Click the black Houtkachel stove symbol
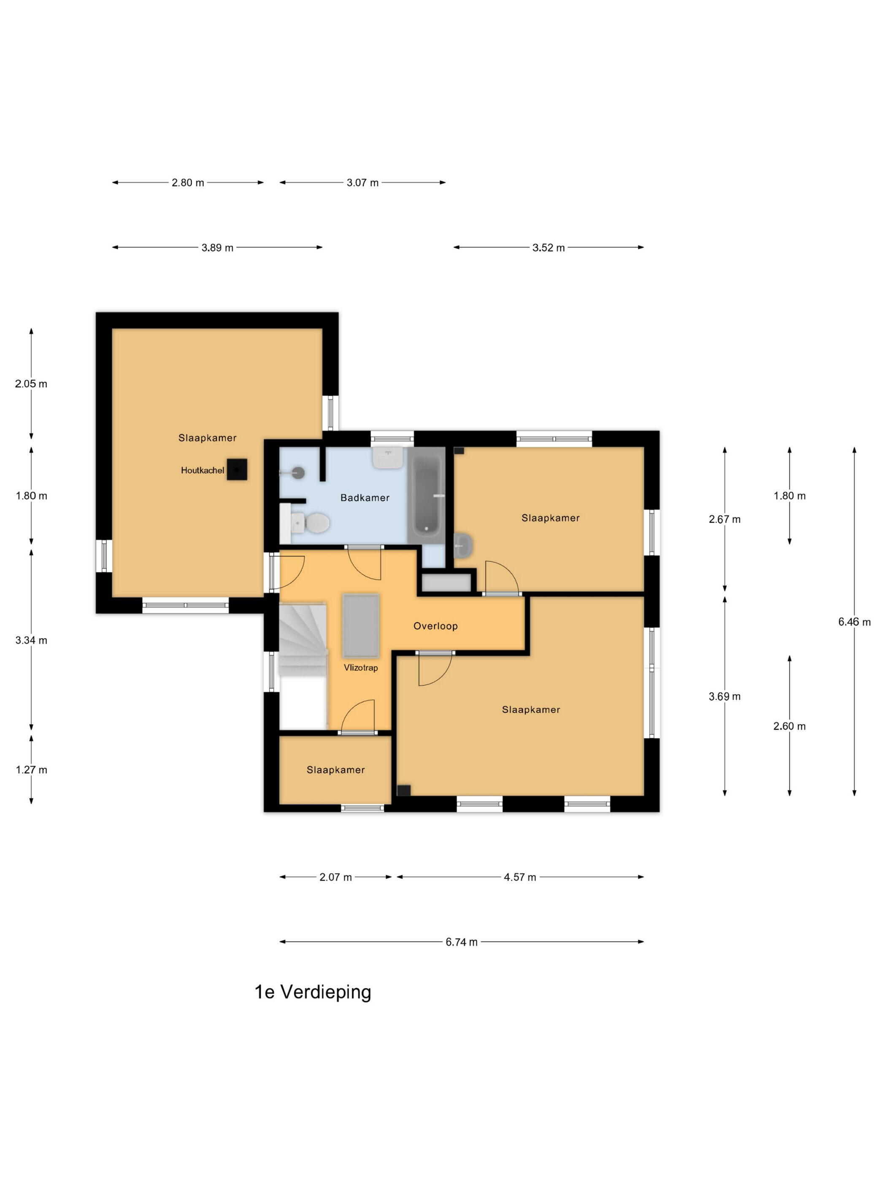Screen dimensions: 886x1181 (237, 469)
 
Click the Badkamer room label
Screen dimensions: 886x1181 (365, 498)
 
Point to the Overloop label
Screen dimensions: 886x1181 (435, 626)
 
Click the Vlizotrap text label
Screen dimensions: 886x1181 (360, 667)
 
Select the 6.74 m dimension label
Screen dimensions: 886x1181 (462, 942)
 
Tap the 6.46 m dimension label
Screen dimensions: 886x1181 (854, 621)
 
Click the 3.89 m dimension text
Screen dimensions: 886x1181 (217, 248)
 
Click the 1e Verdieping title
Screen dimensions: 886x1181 (313, 992)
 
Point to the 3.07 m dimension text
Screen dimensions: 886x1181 (362, 183)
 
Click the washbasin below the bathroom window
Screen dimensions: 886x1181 (388, 458)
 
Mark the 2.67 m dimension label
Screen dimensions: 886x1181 (724, 519)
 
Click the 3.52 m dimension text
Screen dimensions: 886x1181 (548, 248)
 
